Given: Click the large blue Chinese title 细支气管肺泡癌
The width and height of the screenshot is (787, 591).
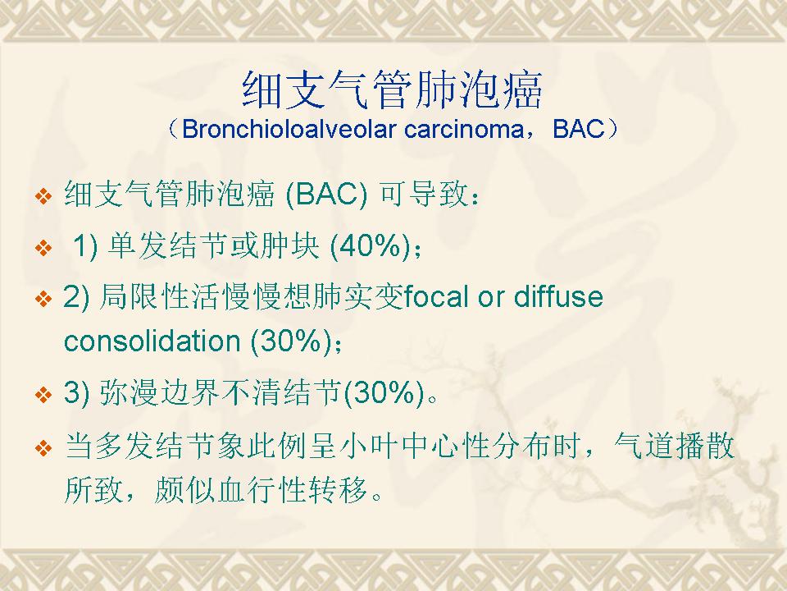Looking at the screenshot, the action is pyautogui.click(x=393, y=90).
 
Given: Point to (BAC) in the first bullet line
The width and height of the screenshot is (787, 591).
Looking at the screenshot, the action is pyautogui.click(x=326, y=194).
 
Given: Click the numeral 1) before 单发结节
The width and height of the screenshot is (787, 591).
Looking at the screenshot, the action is pyautogui.click(x=85, y=246).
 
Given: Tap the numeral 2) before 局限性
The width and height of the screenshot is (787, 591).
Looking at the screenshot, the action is pyautogui.click(x=77, y=296).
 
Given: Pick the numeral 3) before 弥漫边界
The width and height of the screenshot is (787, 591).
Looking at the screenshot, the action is pyautogui.click(x=77, y=392).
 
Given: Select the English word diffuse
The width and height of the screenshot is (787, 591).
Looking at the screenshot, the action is pyautogui.click(x=558, y=296).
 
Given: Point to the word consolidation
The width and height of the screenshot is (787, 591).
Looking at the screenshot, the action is pyautogui.click(x=152, y=341).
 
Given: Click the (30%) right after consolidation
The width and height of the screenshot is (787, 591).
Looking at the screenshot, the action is pyautogui.click(x=291, y=341).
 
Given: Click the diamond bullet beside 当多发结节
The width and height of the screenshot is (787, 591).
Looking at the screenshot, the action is pyautogui.click(x=43, y=447).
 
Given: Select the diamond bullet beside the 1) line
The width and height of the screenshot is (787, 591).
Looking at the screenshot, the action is pyautogui.click(x=43, y=248).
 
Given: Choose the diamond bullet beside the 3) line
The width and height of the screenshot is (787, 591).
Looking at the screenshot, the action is pyautogui.click(x=43, y=394).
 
